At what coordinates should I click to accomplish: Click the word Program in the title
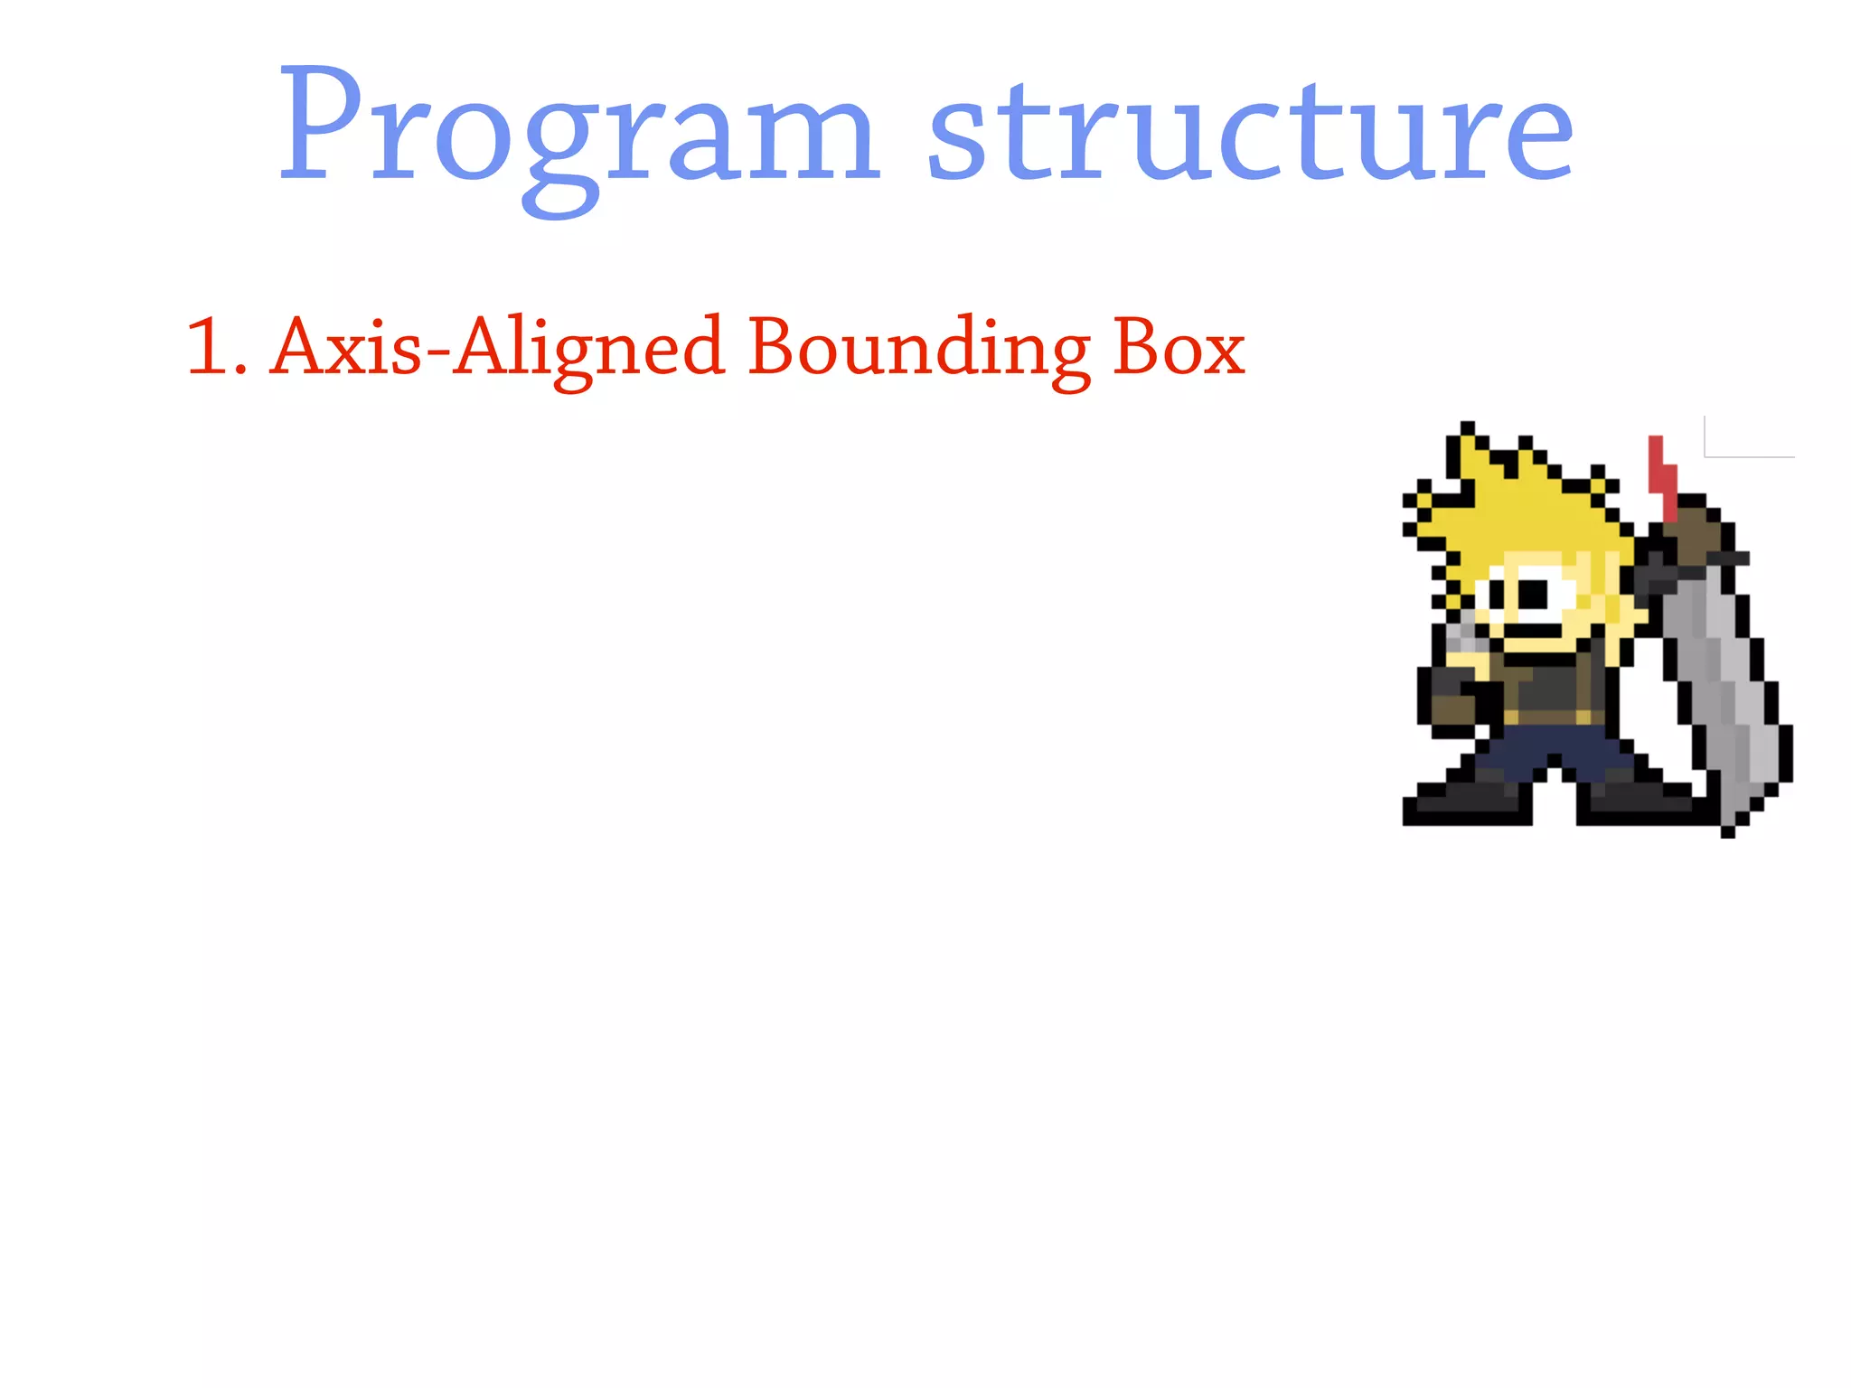pyautogui.click(x=578, y=131)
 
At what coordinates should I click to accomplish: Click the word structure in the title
pyautogui.click(x=1251, y=131)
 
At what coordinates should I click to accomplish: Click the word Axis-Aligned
pyautogui.click(x=497, y=348)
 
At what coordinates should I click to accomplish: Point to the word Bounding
pyautogui.click(x=918, y=348)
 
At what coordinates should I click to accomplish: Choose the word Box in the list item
pyautogui.click(x=1179, y=348)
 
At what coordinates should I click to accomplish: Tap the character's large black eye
pyautogui.click(x=1533, y=593)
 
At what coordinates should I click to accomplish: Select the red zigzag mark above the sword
pyautogui.click(x=1662, y=474)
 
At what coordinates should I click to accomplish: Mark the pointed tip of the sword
pyautogui.click(x=1728, y=830)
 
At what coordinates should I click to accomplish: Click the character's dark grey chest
pyautogui.click(x=1550, y=687)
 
